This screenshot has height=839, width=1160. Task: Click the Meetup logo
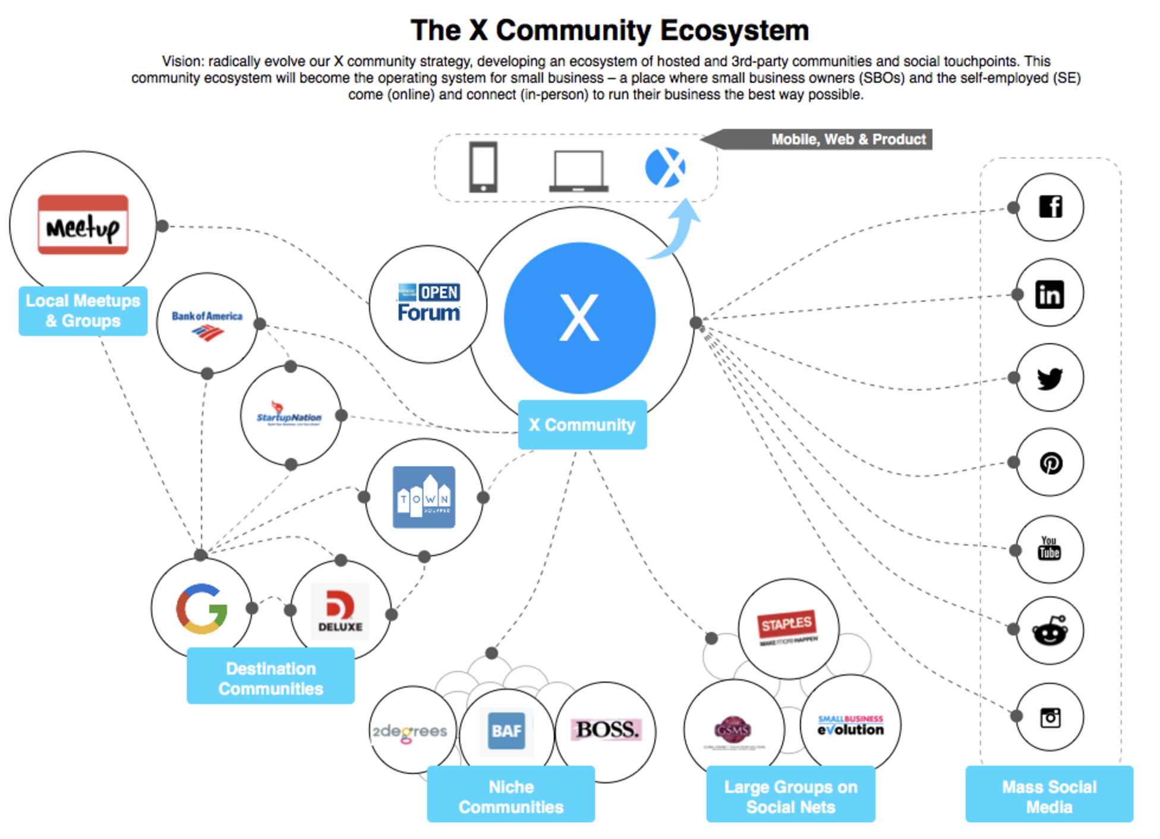83,225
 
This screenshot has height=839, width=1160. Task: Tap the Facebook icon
1050,207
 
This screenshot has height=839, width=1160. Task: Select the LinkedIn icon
1049,294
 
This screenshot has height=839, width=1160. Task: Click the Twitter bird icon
1049,379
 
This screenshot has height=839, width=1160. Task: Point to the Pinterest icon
1050,463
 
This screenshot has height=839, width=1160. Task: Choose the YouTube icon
1049,548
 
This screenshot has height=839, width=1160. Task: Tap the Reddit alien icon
1050,632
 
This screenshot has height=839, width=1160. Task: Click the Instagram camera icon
1050,717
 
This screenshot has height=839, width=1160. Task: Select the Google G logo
201,609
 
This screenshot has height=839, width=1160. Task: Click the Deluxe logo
340,611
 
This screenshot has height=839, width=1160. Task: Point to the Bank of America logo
207,324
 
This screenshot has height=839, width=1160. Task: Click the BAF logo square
506,730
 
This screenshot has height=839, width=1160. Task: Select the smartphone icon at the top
483,167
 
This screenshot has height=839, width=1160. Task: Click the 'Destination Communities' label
270,678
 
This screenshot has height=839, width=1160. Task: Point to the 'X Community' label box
582,425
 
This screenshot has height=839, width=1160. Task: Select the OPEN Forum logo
428,303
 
